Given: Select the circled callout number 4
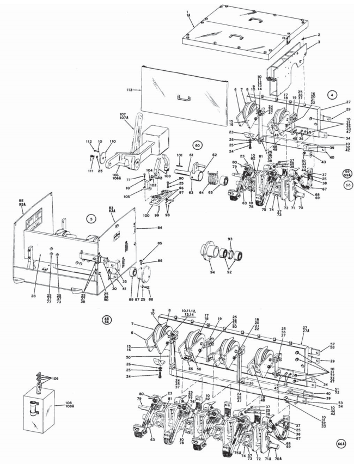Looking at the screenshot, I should pyautogui.click(x=331, y=94).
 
